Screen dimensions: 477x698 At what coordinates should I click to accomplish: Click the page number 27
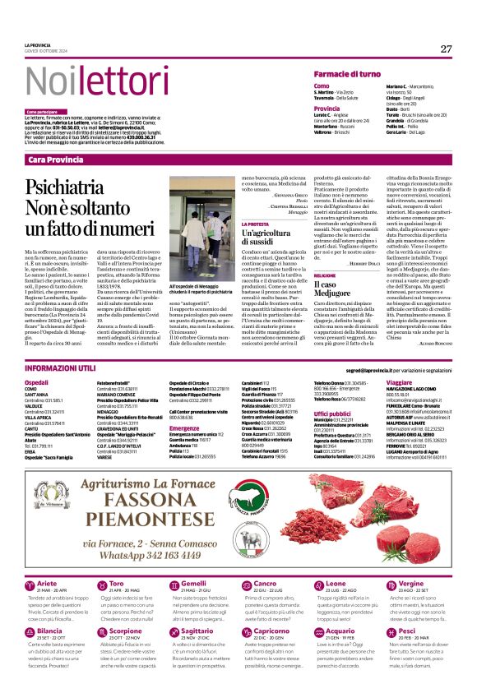click(446, 49)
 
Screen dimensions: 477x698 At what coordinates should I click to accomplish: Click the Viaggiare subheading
click(399, 383)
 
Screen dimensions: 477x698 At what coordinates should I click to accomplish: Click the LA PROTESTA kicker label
click(255, 224)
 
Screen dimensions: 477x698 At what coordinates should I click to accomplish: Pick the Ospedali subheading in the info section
click(37, 383)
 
